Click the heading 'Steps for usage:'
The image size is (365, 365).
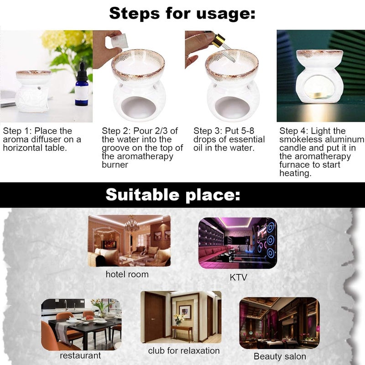pos(182,13)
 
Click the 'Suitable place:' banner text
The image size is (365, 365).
pos(173,195)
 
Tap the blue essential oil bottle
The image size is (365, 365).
pos(82,85)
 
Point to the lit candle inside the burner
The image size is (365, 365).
pos(317,95)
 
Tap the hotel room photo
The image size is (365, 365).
pos(129,241)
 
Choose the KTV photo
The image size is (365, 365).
pos(238,243)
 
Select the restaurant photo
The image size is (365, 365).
pos(81,324)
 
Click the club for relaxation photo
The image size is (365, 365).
pos(181,317)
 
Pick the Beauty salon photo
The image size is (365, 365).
pos(279,323)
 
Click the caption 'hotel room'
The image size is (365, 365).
pos(127,274)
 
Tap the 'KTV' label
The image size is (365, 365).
pos(238,277)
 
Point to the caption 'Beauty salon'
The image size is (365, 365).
pos(280,356)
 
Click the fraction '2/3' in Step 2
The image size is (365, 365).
pos(162,131)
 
